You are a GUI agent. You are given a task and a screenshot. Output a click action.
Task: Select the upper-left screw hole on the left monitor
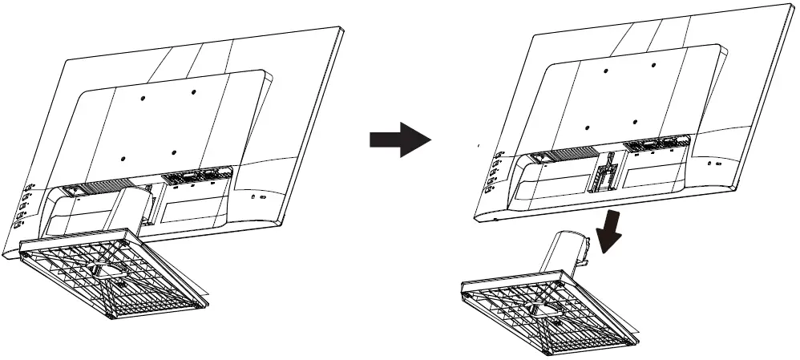pos(143,98)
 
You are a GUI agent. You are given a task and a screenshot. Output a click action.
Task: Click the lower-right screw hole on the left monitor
pos(174,150)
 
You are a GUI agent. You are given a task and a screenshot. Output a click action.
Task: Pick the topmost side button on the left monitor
pos(29,186)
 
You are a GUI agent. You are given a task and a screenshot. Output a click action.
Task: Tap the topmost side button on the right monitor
pos(499,155)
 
